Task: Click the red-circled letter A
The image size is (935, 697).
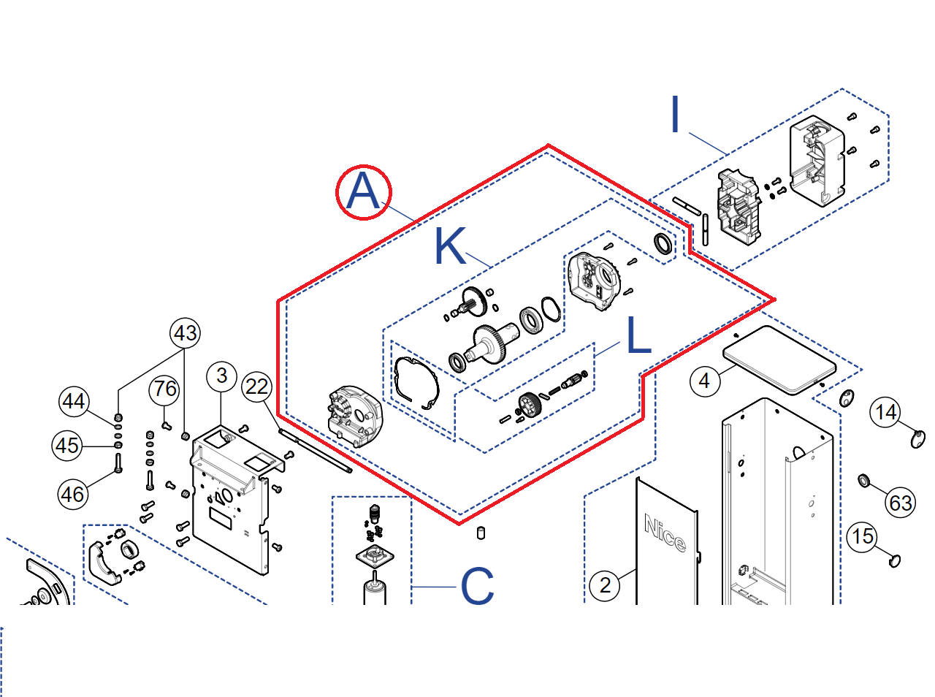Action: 363,192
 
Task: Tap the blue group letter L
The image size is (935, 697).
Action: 638,336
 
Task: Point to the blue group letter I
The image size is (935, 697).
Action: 675,115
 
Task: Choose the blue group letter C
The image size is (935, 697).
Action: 477,586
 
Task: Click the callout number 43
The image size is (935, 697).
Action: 185,333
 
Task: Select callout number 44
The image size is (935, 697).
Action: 74,401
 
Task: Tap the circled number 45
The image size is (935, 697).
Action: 67,445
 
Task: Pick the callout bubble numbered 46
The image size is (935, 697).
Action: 72,495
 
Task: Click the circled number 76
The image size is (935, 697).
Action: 165,389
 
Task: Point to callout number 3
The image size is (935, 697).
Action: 222,376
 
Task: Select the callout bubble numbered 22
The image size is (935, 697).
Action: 257,386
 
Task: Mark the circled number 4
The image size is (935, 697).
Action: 704,381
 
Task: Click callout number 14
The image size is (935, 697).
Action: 885,413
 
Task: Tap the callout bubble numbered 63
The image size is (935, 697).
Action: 900,503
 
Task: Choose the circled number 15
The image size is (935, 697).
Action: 862,537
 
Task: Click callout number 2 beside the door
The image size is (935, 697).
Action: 605,585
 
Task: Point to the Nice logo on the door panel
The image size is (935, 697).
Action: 665,533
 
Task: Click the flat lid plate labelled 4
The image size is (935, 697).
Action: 779,359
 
